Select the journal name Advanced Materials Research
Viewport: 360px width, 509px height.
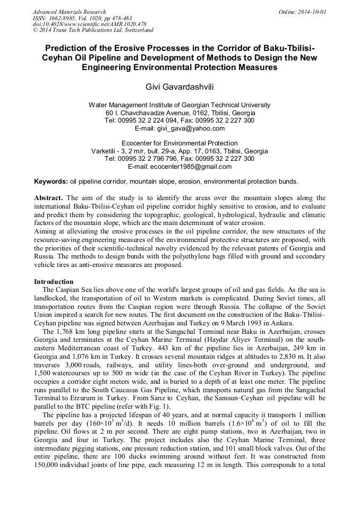pyautogui.click(x=69, y=12)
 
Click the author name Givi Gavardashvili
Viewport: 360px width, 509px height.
pyautogui.click(x=180, y=86)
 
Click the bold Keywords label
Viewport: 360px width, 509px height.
pyautogui.click(x=51, y=181)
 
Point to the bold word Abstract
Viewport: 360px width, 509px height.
pyautogui.click(x=49, y=198)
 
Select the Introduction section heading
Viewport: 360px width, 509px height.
pyautogui.click(x=54, y=281)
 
